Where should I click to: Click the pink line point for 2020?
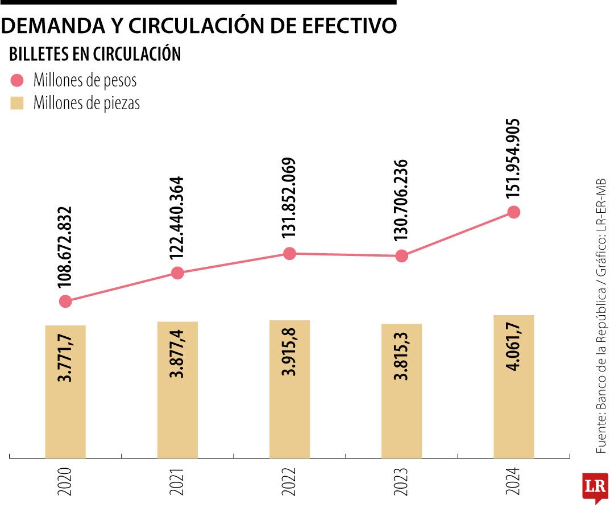pyautogui.click(x=65, y=301)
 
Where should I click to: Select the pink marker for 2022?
pyautogui.click(x=289, y=254)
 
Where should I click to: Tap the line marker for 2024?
pyautogui.click(x=514, y=212)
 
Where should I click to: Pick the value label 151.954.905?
pyautogui.click(x=513, y=159)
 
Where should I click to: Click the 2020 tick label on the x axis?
pyautogui.click(x=66, y=481)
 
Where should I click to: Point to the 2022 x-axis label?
pyautogui.click(x=290, y=481)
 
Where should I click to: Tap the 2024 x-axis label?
pyautogui.click(x=514, y=481)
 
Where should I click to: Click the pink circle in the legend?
pyautogui.click(x=17, y=80)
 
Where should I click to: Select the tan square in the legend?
pyautogui.click(x=17, y=103)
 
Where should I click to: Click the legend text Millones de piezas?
pyautogui.click(x=86, y=103)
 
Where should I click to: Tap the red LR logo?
pyautogui.click(x=595, y=487)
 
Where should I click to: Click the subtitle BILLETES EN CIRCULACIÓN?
pyautogui.click(x=95, y=54)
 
